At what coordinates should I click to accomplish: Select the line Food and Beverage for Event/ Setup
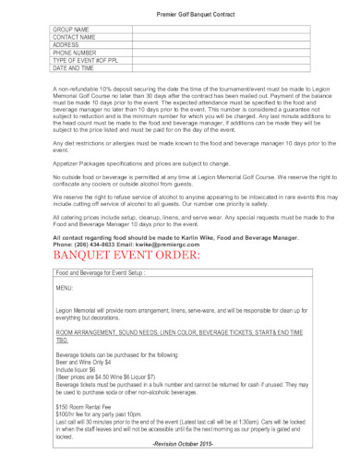101,273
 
